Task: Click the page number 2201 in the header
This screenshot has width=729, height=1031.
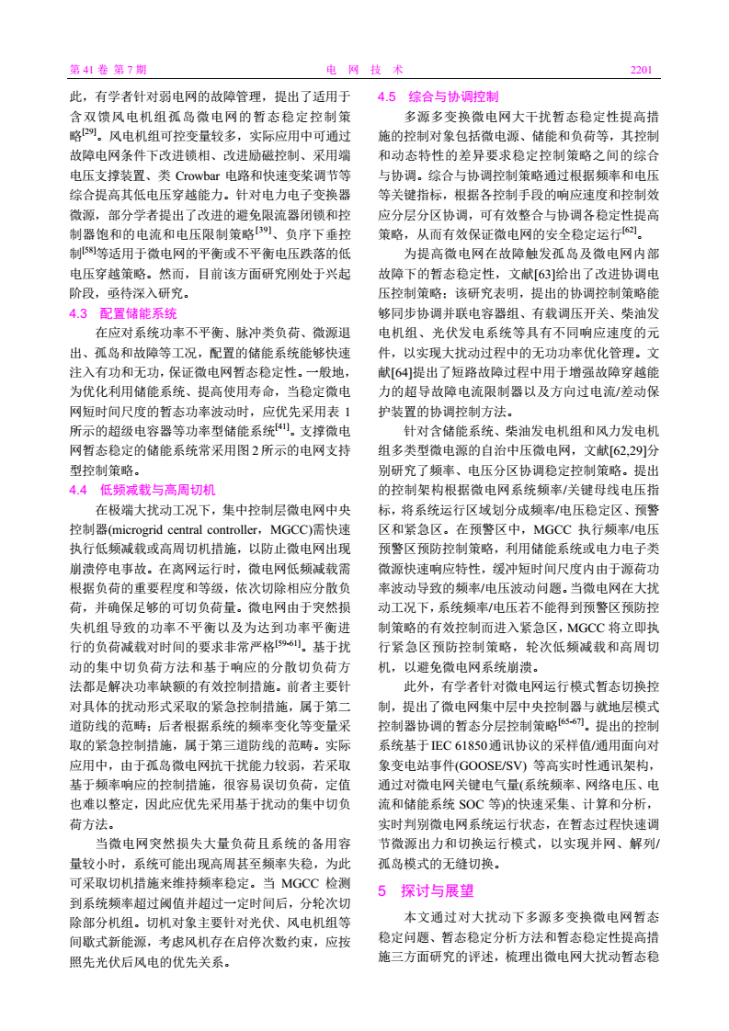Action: coord(640,69)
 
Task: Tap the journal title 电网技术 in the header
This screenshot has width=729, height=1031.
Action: coord(364,69)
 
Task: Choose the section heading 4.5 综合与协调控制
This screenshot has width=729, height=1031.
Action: coord(439,96)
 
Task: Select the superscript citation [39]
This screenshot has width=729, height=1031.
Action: coord(265,228)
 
